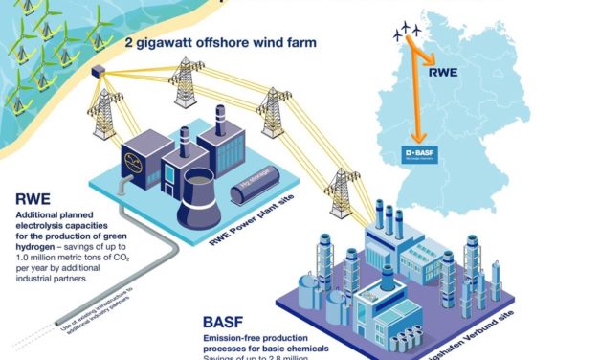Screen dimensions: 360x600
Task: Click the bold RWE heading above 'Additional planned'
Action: [x=36, y=200]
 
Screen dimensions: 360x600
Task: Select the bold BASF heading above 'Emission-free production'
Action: [x=229, y=323]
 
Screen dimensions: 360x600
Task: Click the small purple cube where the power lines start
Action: [x=97, y=71]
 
